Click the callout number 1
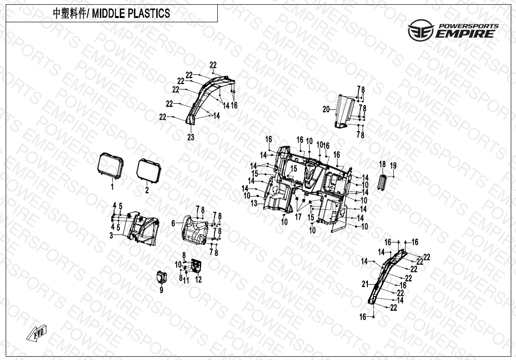[112, 187]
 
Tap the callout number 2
[147, 190]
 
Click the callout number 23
[191, 137]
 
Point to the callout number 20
[326, 109]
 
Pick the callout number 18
[383, 164]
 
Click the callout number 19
[393, 166]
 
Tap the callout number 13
[254, 204]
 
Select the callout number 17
[298, 217]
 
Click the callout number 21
[365, 284]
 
